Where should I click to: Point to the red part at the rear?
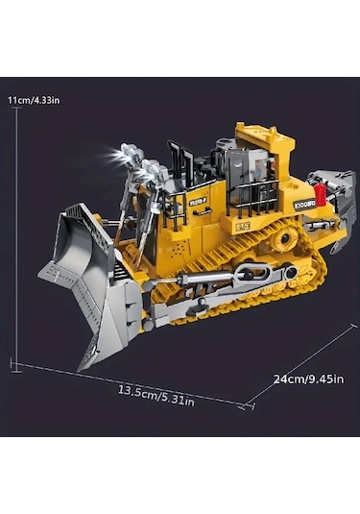tap(319, 198)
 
